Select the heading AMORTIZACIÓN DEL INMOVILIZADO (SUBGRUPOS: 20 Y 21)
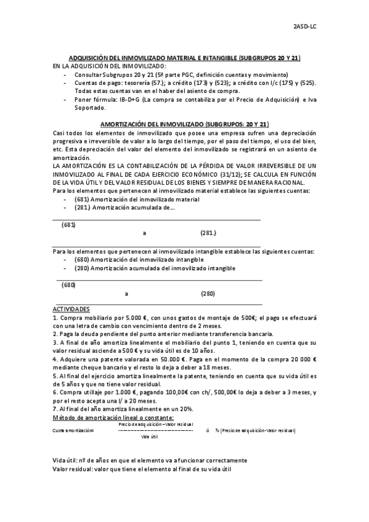point(184,123)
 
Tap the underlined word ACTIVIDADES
point(71,308)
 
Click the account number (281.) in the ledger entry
point(209,233)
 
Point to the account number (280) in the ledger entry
point(208,294)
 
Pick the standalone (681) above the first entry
point(68,225)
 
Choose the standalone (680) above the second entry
point(68,285)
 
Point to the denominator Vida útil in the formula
point(150,436)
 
